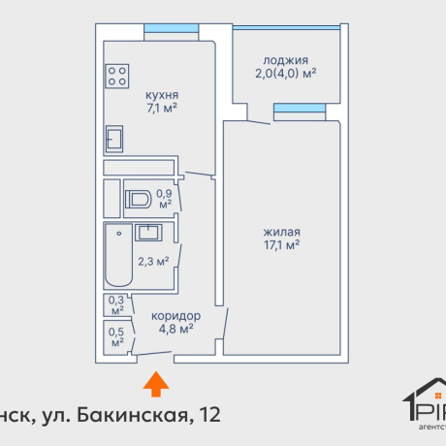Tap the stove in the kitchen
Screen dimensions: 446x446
point(118,76)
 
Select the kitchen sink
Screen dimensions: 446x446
point(114,140)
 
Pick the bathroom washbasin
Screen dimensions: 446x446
point(149,232)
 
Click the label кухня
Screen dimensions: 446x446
point(161,95)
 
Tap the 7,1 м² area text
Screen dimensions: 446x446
point(161,110)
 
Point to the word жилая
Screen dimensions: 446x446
point(282,232)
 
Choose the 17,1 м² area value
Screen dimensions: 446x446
point(282,246)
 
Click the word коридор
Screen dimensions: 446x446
point(175,316)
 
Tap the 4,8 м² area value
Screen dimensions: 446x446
point(175,330)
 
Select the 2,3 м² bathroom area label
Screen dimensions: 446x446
point(153,261)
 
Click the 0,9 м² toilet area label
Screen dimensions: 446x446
point(164,198)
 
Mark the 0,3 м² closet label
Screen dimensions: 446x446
point(116,305)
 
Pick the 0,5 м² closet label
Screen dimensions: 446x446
point(116,337)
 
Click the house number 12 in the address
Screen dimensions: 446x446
point(207,416)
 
